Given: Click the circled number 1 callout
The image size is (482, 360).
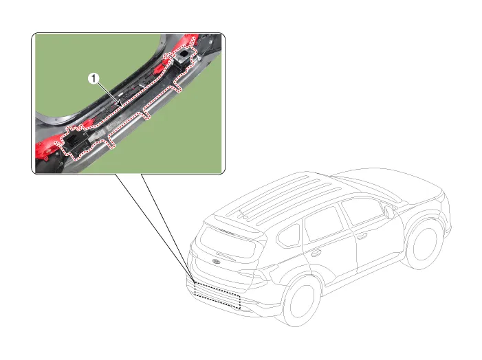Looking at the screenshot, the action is click(x=94, y=79).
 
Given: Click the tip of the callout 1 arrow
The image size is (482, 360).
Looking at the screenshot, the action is click(x=122, y=106).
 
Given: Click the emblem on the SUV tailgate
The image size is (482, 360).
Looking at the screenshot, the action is click(x=216, y=262).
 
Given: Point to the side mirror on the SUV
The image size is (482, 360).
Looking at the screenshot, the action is click(x=389, y=212).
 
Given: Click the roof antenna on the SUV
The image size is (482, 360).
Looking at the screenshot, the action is click(x=243, y=215).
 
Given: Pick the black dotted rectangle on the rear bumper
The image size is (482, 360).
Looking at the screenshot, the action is click(x=217, y=295).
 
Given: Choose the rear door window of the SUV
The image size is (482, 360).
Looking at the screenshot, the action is click(x=324, y=223).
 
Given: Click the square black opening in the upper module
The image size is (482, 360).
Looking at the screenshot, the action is click(x=185, y=54).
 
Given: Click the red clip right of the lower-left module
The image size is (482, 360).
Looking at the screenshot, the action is click(x=87, y=124).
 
